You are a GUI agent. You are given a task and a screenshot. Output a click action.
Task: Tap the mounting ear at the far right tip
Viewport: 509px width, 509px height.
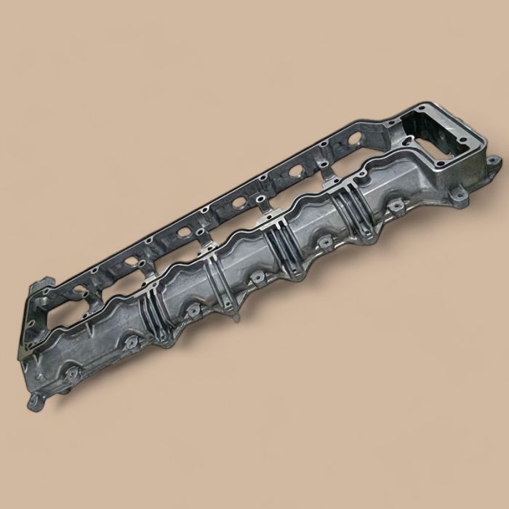pos(494,161)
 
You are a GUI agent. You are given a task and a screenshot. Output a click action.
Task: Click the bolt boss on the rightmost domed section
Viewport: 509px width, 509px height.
pos(396,207)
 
